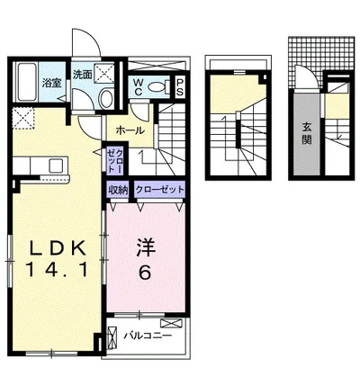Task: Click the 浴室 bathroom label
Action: pos(27,82)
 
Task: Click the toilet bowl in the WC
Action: pos(159,87)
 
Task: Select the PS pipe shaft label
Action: pos(179,88)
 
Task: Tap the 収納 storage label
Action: pos(119,190)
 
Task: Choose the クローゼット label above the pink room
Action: pos(159,190)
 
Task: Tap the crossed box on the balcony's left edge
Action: pos(112,337)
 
